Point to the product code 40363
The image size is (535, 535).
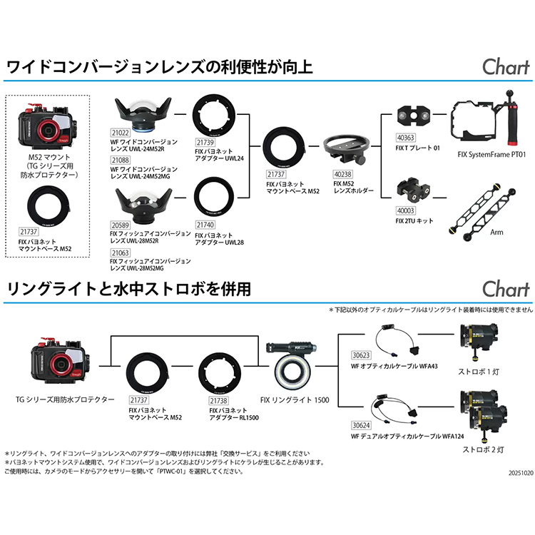coord(405,138)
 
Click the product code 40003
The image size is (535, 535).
coord(405,211)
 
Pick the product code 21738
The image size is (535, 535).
coord(219,401)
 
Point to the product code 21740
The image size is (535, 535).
coord(205,225)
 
